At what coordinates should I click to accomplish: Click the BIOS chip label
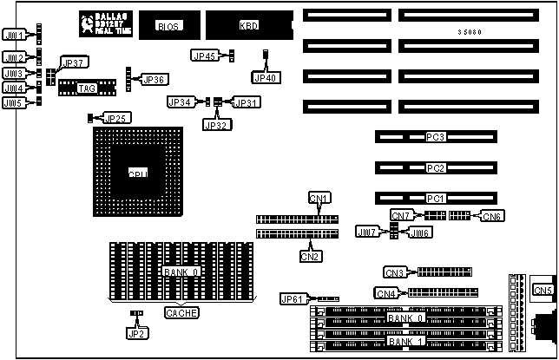(168, 27)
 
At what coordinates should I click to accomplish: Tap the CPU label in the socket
(138, 173)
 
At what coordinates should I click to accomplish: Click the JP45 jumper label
(204, 56)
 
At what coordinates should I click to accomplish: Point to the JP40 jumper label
(265, 77)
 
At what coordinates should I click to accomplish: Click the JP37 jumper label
(73, 64)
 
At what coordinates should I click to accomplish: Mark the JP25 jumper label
(117, 117)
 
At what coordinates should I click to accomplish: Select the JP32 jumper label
(215, 124)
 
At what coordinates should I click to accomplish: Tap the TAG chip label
(86, 88)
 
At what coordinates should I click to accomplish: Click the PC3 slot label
(435, 137)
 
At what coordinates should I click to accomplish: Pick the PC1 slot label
(435, 198)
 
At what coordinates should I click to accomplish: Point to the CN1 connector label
(319, 199)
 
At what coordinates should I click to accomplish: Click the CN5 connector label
(543, 290)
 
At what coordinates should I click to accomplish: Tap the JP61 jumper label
(293, 299)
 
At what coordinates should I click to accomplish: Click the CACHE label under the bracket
(181, 313)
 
